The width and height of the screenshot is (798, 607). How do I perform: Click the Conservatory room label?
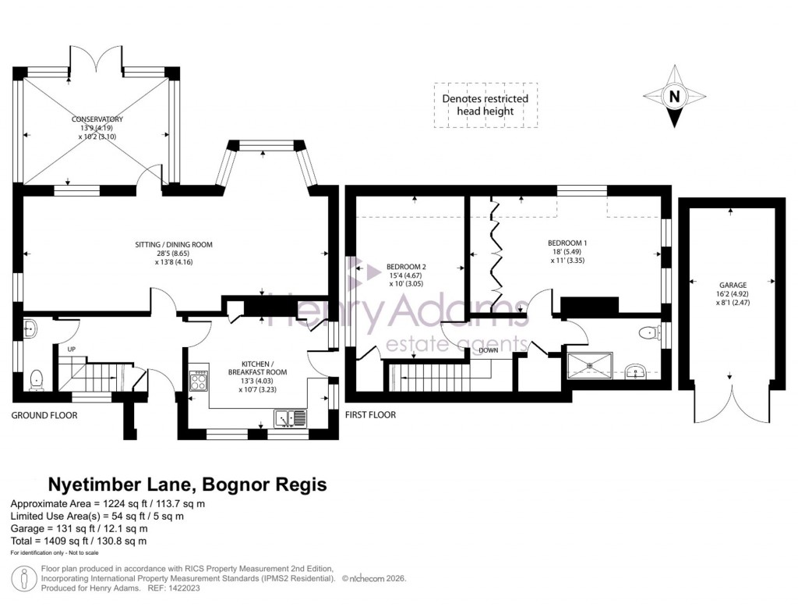(97, 119)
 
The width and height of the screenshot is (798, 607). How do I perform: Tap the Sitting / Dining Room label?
(173, 244)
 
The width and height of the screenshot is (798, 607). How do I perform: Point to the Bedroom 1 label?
(567, 243)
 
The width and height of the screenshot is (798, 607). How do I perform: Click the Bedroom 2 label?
(406, 266)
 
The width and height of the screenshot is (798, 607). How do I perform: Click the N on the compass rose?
(675, 98)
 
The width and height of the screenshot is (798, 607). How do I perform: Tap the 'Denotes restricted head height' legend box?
(485, 105)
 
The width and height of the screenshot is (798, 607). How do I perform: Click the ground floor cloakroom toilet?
(35, 380)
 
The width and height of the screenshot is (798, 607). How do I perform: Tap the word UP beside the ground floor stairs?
(72, 349)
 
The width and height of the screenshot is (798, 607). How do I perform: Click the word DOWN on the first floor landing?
(489, 350)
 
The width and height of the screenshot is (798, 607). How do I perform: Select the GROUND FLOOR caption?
(44, 415)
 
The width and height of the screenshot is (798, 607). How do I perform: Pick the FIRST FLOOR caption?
(370, 415)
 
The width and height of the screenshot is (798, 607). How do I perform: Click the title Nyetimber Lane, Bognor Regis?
(188, 485)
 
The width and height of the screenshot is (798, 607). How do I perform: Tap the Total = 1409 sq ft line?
(79, 541)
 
